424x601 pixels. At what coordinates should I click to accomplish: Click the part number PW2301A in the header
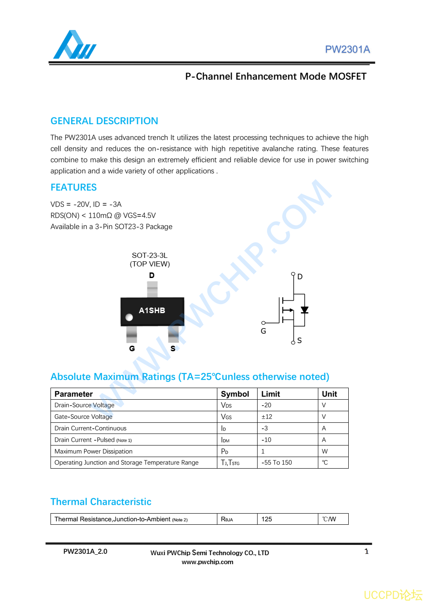click(347, 50)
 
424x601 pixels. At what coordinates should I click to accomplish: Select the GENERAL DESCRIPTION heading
click(104, 121)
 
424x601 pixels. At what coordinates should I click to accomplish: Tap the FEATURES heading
click(74, 188)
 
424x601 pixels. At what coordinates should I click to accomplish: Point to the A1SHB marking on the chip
click(152, 311)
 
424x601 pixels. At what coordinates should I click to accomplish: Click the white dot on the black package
click(129, 317)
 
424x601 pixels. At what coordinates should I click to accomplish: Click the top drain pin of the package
click(152, 289)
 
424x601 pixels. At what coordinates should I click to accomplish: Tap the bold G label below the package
click(132, 349)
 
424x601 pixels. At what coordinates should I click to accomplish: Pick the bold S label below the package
click(173, 349)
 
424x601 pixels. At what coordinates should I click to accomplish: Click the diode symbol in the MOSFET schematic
click(305, 310)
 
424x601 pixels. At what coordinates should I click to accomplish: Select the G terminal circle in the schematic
click(264, 323)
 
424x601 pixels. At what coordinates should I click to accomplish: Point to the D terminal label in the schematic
click(300, 277)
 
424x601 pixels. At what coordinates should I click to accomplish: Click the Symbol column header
click(235, 394)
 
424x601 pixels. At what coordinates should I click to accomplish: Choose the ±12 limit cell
click(267, 417)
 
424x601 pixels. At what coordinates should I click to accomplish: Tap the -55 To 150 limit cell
click(277, 463)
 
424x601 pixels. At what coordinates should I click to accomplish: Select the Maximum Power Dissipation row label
click(94, 451)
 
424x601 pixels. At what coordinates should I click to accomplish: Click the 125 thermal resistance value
click(267, 519)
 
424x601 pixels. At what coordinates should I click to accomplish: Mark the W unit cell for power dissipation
click(325, 451)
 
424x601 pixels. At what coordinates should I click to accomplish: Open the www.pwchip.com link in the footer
click(208, 562)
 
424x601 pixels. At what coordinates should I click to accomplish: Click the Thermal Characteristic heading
click(101, 502)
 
